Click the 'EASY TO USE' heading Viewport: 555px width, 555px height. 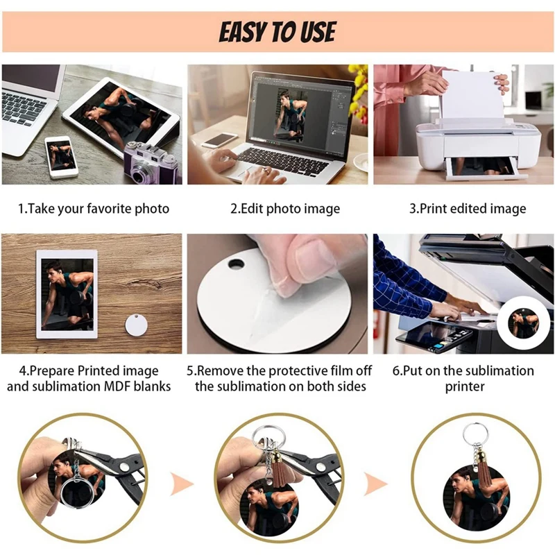(277, 32)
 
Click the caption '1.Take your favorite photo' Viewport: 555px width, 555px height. (93, 208)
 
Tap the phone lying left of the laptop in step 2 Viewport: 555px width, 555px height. (220, 140)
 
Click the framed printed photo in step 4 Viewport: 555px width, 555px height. (67, 294)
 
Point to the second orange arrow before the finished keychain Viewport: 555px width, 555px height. (375, 481)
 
